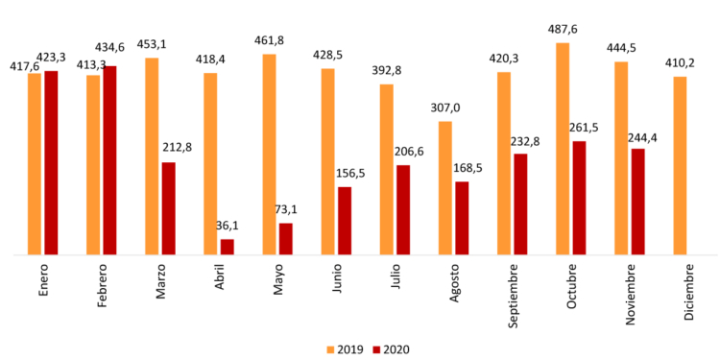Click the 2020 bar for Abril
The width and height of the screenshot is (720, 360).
[x=227, y=247]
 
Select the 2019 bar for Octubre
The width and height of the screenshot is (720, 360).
[x=563, y=149]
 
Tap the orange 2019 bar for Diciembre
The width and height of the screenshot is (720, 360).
[x=680, y=165]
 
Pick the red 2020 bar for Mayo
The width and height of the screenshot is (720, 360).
[x=285, y=239]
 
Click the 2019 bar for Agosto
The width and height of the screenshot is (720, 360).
[x=444, y=188]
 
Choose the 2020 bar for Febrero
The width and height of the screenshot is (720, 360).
[x=109, y=160]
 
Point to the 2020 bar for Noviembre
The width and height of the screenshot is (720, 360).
[x=637, y=202]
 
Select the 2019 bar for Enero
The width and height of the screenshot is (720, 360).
[x=35, y=164]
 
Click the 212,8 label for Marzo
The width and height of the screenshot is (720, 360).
[x=174, y=147]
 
